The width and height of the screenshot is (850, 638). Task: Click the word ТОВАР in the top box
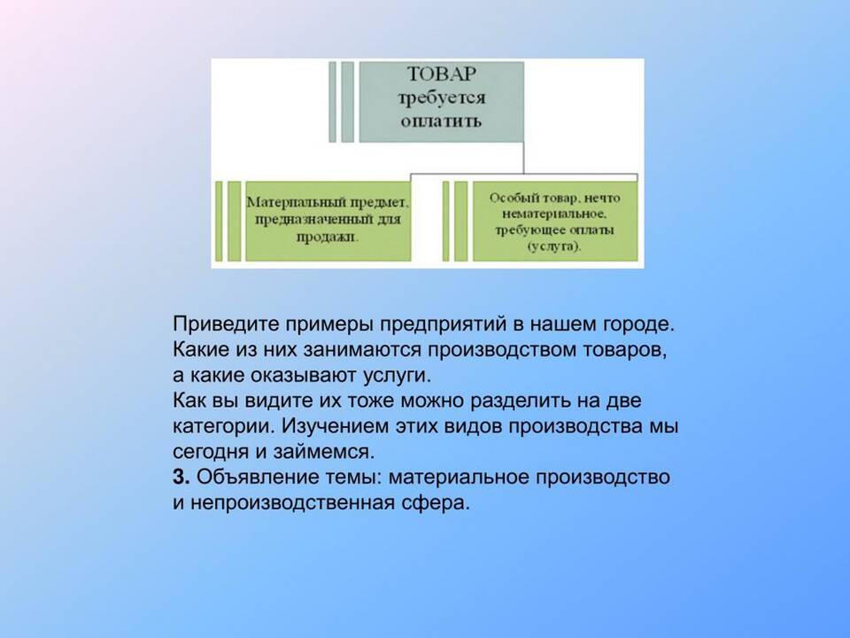(441, 74)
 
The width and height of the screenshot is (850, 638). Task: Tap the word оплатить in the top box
(441, 121)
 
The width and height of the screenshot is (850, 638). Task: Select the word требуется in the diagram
(441, 97)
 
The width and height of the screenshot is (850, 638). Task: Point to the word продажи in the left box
(328, 237)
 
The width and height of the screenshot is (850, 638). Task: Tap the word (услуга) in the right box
(553, 246)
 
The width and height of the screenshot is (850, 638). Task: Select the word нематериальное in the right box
(552, 214)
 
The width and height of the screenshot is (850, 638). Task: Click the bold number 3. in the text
(181, 477)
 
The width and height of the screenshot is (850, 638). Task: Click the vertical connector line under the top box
(523, 158)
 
